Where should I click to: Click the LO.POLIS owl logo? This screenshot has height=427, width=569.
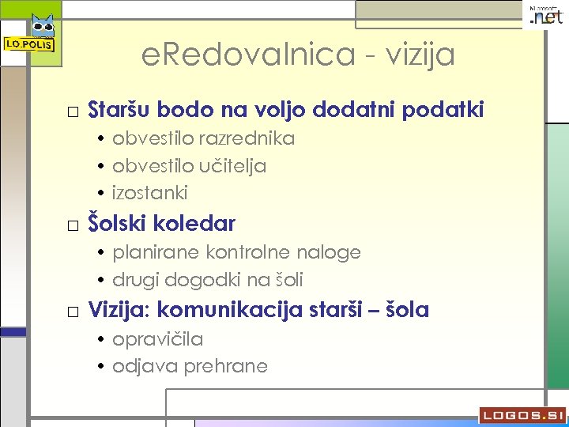click(31, 36)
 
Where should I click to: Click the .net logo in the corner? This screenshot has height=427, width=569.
click(546, 17)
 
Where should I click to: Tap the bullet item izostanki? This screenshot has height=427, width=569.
click(150, 193)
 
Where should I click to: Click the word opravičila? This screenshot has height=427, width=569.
click(158, 340)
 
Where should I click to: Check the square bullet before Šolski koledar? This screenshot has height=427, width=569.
click(73, 226)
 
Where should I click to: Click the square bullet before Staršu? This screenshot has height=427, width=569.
click(73, 111)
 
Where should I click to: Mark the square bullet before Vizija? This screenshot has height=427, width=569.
click(73, 312)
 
